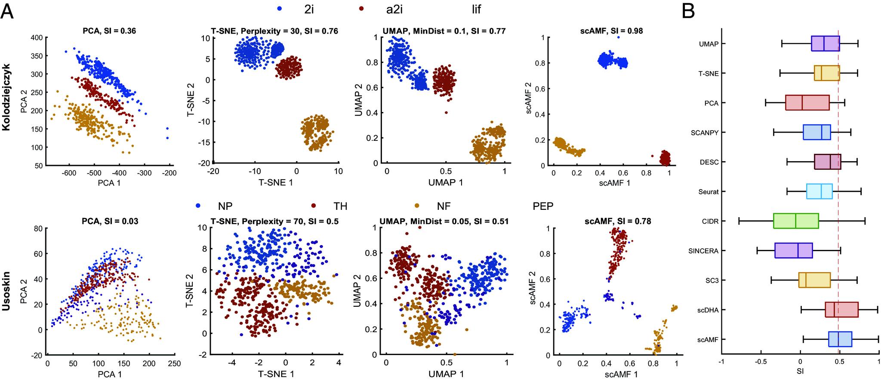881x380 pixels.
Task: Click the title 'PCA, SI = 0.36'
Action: coord(109,31)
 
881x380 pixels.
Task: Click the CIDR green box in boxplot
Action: coord(796,221)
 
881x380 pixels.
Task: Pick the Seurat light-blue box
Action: coord(819,191)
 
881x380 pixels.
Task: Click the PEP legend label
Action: coord(543,206)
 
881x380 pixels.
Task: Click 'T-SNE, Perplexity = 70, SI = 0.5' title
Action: coord(274,221)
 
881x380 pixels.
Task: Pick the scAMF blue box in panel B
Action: coord(840,339)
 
